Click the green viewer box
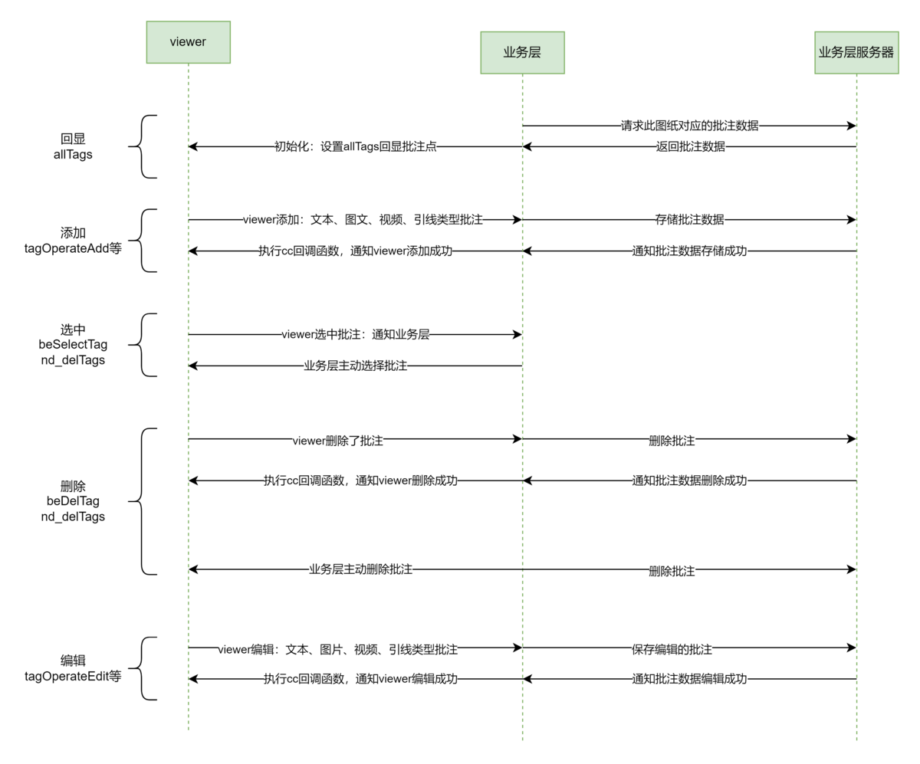[188, 42]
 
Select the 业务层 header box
[522, 52]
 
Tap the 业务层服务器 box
[856, 52]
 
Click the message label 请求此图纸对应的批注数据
[689, 126]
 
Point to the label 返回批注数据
[689, 146]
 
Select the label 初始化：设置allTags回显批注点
[356, 146]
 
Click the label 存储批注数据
[689, 220]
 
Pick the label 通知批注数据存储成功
[689, 251]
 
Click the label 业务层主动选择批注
[355, 366]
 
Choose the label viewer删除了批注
[338, 440]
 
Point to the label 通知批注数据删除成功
[689, 480]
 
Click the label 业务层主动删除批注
[360, 569]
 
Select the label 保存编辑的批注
[672, 648]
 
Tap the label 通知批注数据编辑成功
[689, 679]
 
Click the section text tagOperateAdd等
[73, 248]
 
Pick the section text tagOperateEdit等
[73, 676]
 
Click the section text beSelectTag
[73, 345]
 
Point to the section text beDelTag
[73, 501]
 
